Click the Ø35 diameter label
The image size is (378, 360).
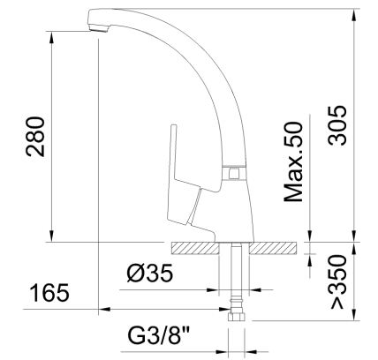[x=147, y=274]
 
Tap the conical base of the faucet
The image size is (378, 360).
[x=230, y=212]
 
